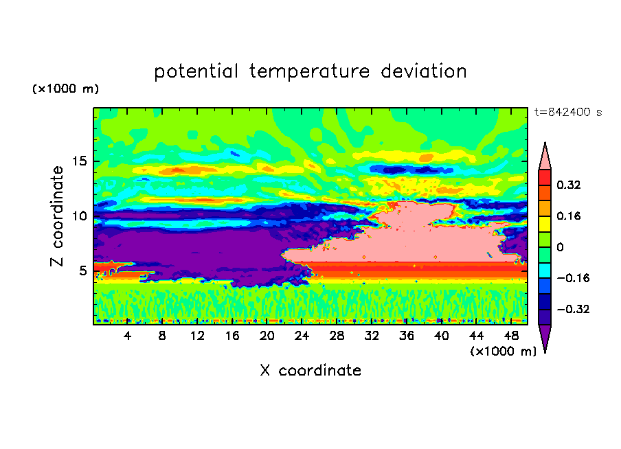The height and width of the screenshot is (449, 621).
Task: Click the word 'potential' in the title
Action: [196, 72]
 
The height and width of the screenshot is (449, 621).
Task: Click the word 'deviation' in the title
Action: [424, 71]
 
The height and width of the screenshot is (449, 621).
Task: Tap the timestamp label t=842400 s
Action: [568, 113]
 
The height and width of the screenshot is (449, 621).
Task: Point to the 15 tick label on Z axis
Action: [79, 161]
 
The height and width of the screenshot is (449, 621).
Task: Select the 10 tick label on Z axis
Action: [79, 216]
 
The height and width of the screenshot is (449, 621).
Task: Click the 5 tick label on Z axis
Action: [82, 270]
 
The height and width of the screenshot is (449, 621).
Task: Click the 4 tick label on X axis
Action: [127, 336]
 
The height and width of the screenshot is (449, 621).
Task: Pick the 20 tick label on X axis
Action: [267, 336]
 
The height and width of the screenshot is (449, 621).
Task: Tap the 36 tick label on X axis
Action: [407, 336]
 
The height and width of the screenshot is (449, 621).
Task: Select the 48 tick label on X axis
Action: [511, 336]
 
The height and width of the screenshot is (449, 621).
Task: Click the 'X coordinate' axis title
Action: [311, 371]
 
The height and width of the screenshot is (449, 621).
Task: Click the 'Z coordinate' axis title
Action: [57, 216]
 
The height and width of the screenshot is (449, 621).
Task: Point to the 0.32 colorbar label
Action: [569, 185]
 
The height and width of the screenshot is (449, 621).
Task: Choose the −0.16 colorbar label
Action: [573, 278]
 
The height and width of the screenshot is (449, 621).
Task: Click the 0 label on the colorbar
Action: [560, 247]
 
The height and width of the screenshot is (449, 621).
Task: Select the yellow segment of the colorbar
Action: [545, 224]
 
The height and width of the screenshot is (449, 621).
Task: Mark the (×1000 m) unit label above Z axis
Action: [65, 89]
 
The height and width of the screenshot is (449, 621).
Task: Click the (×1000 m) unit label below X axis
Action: [503, 352]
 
